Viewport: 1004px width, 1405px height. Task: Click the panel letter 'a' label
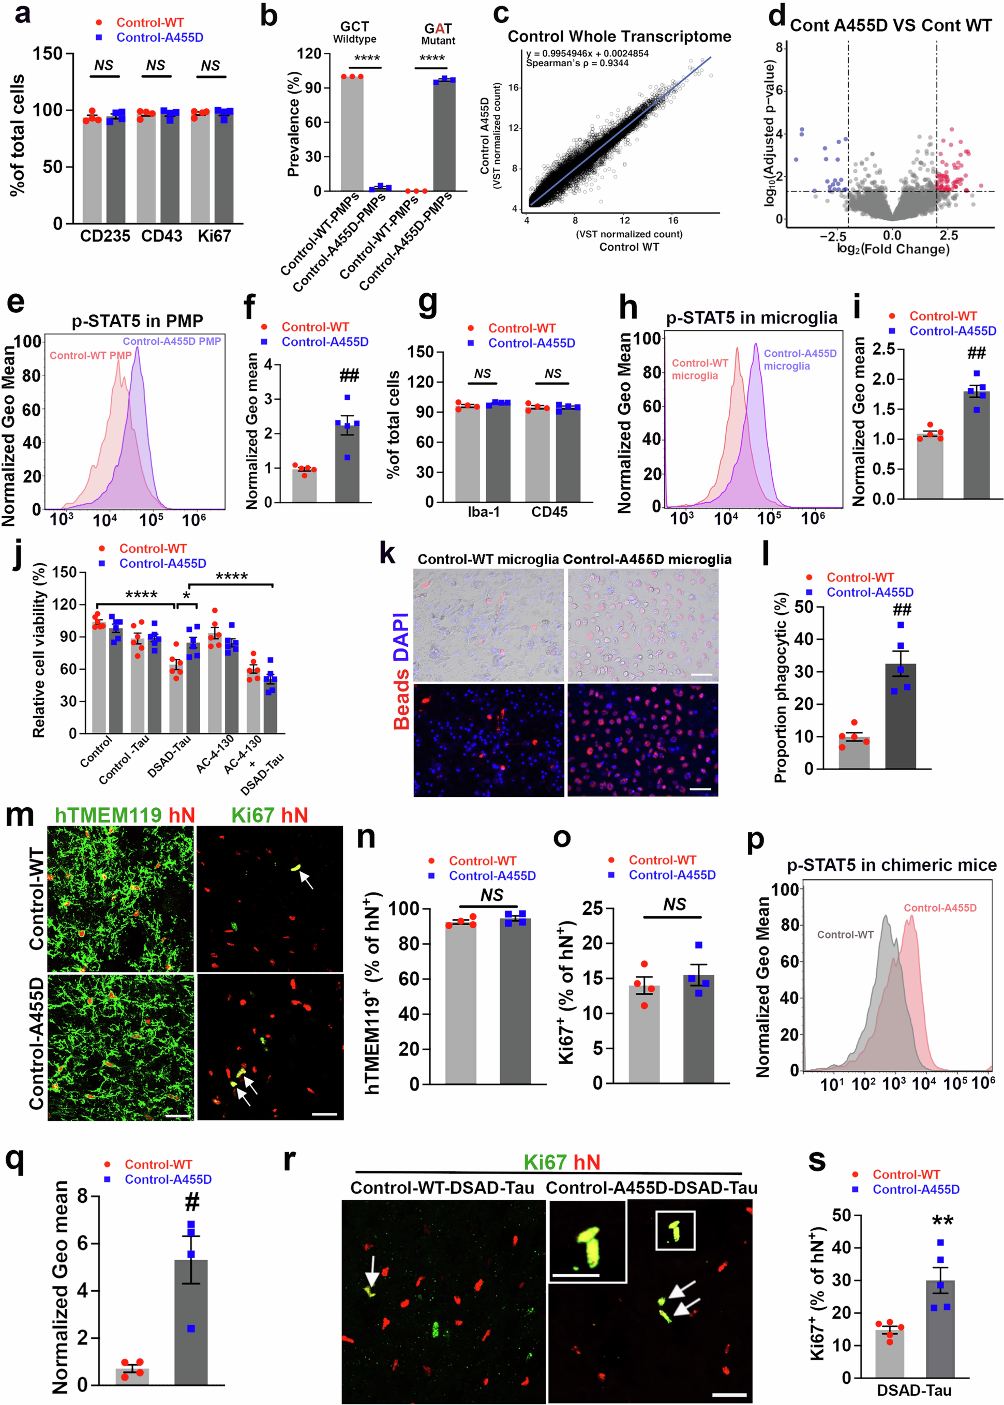pyautogui.click(x=22, y=14)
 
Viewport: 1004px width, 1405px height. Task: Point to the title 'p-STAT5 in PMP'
pyautogui.click(x=137, y=321)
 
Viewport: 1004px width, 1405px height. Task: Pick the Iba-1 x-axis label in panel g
pyautogui.click(x=483, y=512)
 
